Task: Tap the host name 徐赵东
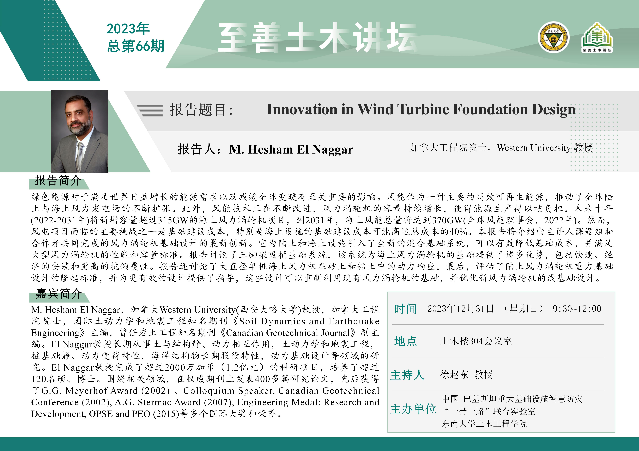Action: pos(454,375)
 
